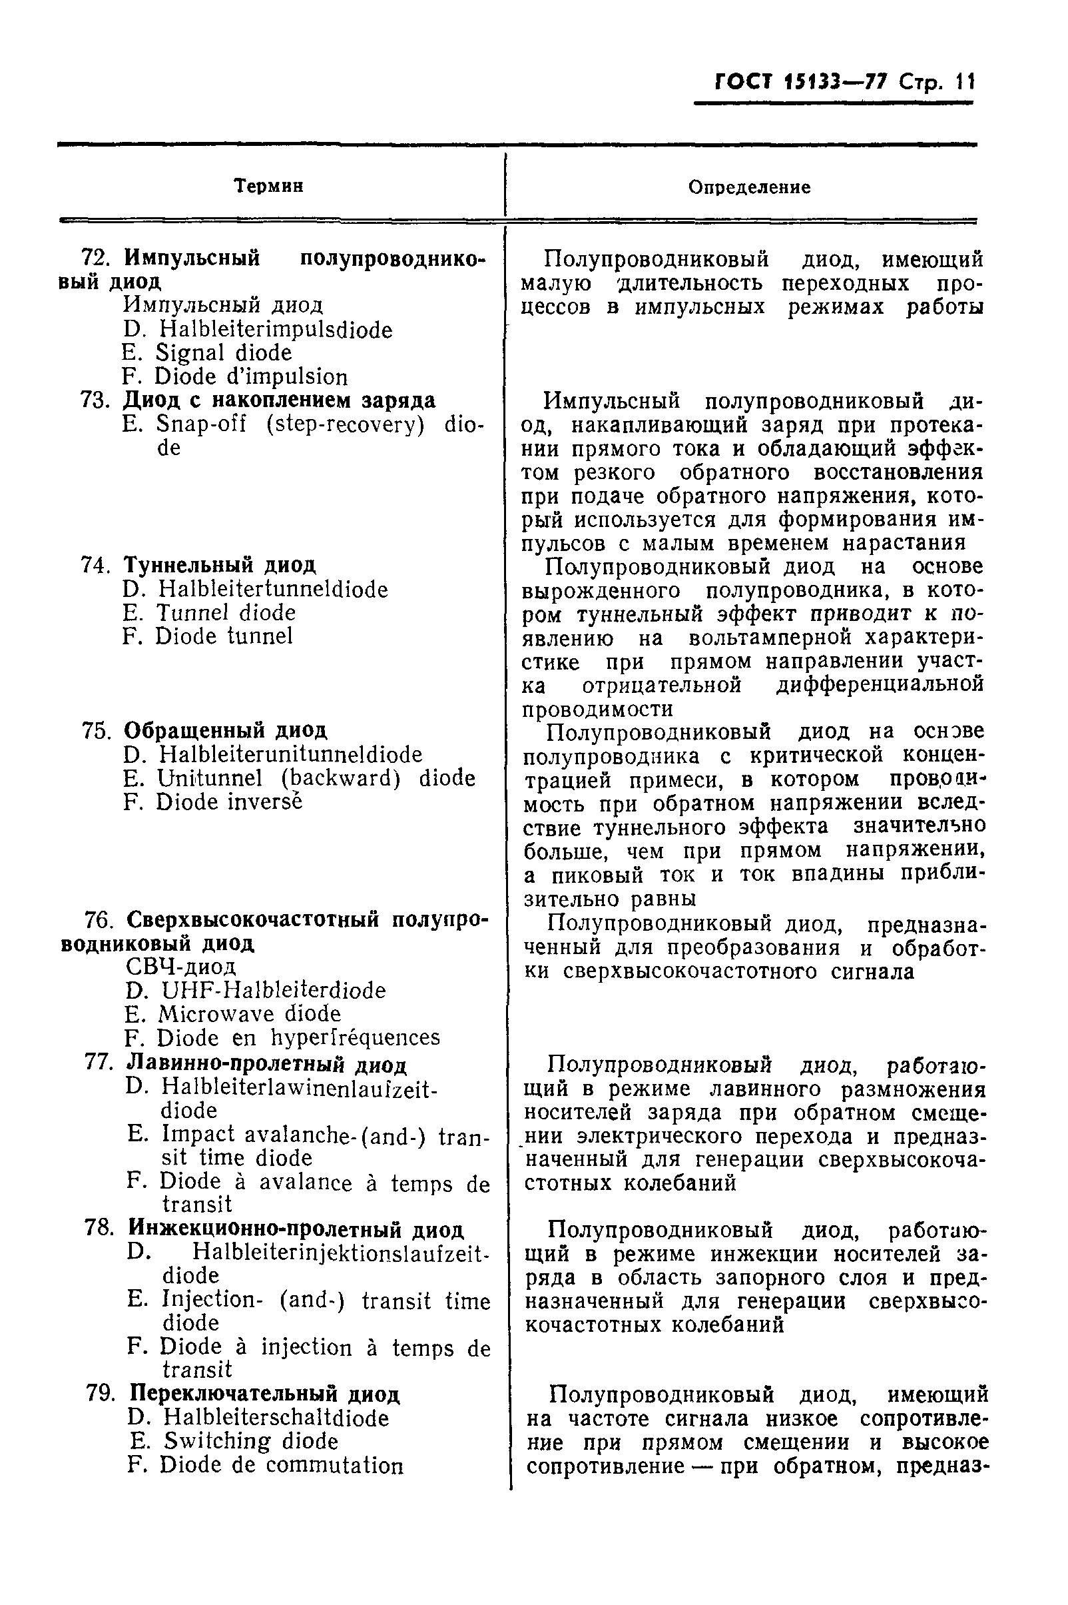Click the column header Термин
(x=268, y=186)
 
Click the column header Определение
(x=749, y=187)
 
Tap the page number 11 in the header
(x=965, y=83)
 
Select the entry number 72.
(x=95, y=259)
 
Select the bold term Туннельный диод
(x=219, y=565)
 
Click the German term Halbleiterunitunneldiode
(x=291, y=754)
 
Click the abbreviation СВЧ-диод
(x=181, y=967)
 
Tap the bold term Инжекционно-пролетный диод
(x=296, y=1229)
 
